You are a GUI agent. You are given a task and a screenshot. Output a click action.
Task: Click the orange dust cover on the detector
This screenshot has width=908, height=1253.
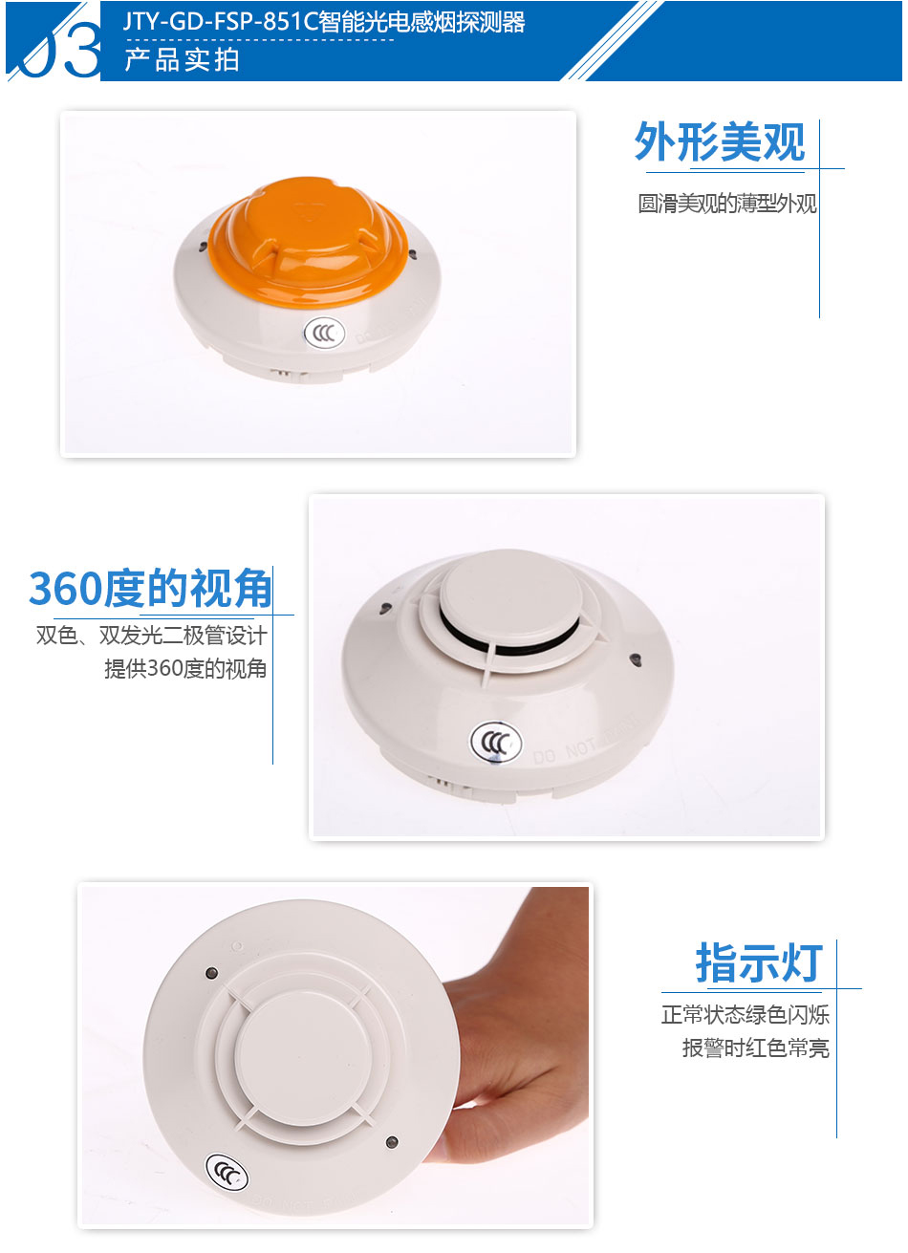coord(308,242)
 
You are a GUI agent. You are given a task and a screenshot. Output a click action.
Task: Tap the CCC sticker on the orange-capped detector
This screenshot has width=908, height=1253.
coord(324,334)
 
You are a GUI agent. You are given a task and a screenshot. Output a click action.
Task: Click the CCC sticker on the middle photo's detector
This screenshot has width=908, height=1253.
coord(496,743)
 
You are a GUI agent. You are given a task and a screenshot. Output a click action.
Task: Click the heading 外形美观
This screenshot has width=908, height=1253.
coord(720,142)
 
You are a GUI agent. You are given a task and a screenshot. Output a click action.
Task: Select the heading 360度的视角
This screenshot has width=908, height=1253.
coord(150,589)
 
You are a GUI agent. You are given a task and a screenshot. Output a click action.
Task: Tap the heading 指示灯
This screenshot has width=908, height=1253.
coord(759,962)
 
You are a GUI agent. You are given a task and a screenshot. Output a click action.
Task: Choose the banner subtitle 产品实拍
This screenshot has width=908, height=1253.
coord(182,60)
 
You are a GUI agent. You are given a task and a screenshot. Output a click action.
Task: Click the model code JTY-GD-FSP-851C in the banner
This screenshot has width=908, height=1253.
coord(221,22)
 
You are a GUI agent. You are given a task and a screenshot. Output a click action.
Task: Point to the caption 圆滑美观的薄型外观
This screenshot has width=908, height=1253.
coord(727,204)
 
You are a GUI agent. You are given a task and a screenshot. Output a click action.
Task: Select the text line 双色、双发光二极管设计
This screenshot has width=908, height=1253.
coord(152,636)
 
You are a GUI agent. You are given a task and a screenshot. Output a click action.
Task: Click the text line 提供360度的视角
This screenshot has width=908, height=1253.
coord(185,669)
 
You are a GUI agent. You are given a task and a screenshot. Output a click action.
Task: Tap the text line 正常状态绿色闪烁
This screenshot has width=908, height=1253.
coord(746,1015)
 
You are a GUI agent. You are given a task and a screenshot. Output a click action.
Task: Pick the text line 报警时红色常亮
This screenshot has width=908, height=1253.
coord(756,1048)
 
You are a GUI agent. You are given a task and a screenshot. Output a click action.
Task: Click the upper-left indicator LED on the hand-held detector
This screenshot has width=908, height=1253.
coord(211,973)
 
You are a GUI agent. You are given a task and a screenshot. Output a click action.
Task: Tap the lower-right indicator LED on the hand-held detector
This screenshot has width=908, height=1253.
coord(392,1142)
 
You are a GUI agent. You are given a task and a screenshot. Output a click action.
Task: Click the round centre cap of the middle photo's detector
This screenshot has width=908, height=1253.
coord(510,592)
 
